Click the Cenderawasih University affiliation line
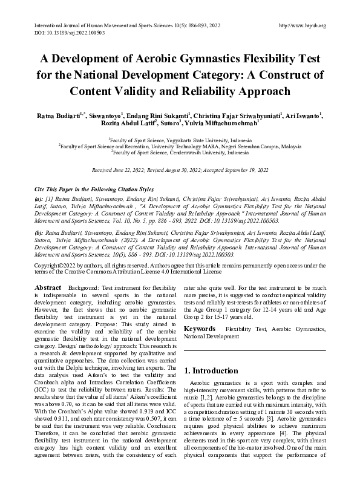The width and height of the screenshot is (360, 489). (180, 154)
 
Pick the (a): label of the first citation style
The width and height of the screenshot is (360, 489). (38, 199)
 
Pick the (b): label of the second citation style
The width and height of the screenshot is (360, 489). (38, 232)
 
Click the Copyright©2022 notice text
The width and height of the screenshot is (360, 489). (55, 265)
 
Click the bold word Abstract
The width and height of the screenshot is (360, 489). (48, 287)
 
